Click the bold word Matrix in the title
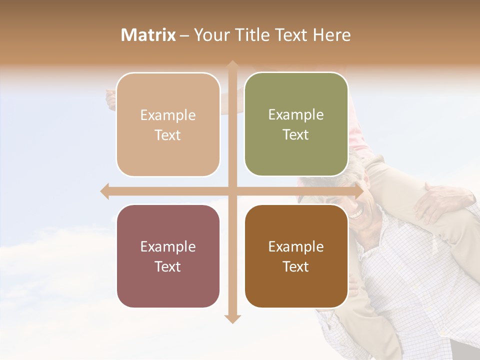pyautogui.click(x=148, y=35)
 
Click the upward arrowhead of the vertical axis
pyautogui.click(x=232, y=65)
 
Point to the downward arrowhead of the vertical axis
pyautogui.click(x=232, y=318)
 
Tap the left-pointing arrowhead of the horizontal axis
pyautogui.click(x=105, y=191)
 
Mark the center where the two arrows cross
pyautogui.click(x=232, y=191)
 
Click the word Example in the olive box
pyautogui.click(x=296, y=114)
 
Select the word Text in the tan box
pyautogui.click(x=168, y=135)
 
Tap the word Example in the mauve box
pyautogui.click(x=168, y=246)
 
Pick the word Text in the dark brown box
pyautogui.click(x=296, y=266)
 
